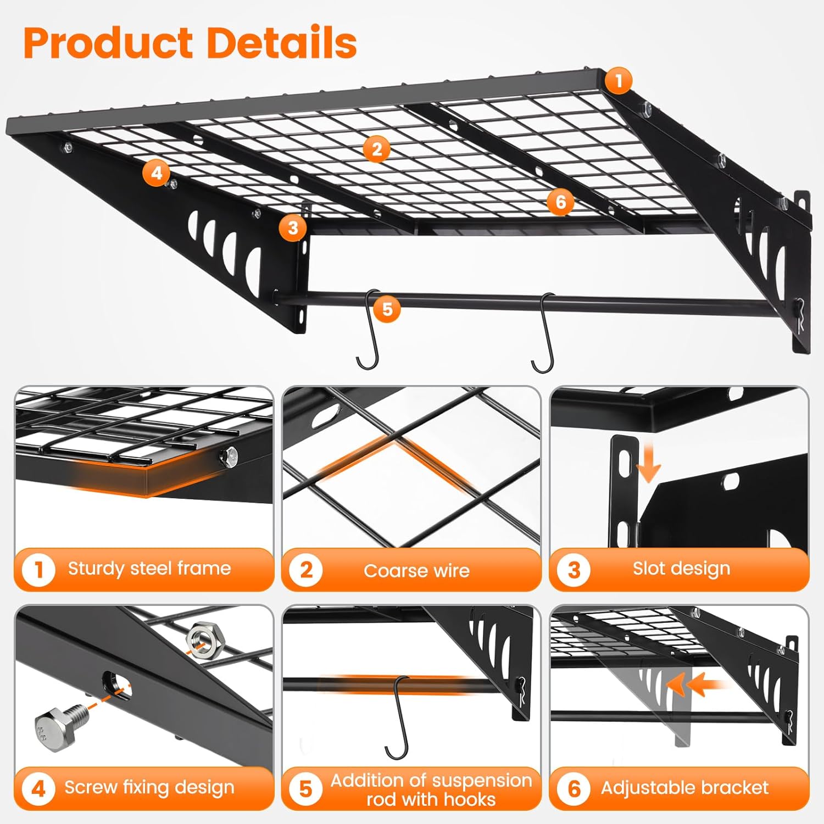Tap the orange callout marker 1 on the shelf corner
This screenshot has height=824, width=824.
[x=619, y=81]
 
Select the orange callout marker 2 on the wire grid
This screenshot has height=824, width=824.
[x=376, y=149]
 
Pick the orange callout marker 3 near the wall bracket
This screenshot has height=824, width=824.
[x=293, y=227]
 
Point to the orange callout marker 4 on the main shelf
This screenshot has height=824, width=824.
[x=157, y=173]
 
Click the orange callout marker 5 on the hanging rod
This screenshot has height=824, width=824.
[x=387, y=309]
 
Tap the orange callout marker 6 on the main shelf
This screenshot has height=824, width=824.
[x=560, y=202]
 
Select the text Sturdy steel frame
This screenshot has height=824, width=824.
[x=149, y=568]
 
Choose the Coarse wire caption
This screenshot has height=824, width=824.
[x=416, y=570]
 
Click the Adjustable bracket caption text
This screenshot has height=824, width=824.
[x=684, y=788]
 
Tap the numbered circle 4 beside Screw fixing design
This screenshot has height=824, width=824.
[x=38, y=789]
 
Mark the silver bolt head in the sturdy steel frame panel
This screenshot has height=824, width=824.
[x=230, y=455]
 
